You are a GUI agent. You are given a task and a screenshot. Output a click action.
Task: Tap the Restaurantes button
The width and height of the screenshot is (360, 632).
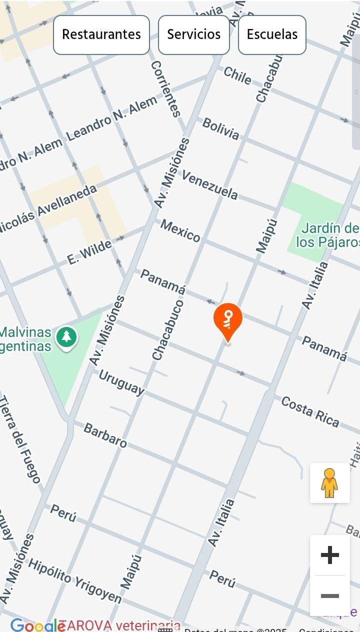coord(101,34)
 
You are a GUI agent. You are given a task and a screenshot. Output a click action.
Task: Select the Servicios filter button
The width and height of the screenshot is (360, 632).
coord(194,34)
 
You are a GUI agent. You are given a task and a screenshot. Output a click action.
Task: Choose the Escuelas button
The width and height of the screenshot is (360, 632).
coord(272,34)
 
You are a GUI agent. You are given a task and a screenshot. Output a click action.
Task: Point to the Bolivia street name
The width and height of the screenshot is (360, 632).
coord(220,128)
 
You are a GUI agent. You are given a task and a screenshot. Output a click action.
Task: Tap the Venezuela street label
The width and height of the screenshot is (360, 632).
coord(209,184)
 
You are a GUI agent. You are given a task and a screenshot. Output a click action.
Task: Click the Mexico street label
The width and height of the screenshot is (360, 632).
coord(180,230)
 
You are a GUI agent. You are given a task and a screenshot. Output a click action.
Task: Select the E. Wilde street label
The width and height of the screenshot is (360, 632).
coord(89,252)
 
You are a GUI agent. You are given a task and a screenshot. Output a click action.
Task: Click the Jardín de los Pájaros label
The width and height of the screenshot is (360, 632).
coord(327,235)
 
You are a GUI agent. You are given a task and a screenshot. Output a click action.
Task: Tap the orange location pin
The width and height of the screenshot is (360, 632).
coord(228,320)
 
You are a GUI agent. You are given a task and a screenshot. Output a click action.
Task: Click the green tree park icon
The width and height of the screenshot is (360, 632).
coord(66,337)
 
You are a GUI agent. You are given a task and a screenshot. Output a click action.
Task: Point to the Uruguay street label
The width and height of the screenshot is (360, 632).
coord(121,382)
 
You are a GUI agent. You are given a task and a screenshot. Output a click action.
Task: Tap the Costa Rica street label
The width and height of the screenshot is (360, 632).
coord(310,411)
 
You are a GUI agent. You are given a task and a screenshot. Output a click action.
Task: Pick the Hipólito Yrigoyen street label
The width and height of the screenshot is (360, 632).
coord(74,580)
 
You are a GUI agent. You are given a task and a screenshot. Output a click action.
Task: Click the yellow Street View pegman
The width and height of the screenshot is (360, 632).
coord(329,482)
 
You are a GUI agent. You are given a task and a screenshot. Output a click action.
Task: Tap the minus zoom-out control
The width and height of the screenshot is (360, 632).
coord(329,596)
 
